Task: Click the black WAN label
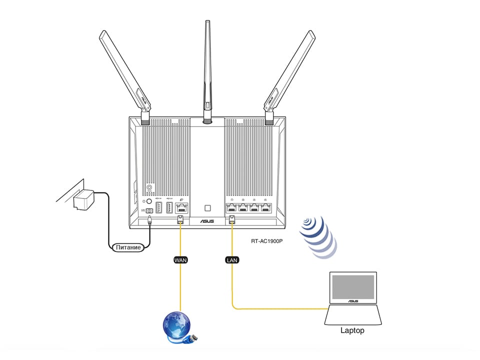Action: coord(179,260)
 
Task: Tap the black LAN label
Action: coord(231,260)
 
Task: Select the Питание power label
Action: coord(129,247)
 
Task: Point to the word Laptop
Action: coord(352,330)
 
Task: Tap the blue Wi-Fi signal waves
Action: coord(317,237)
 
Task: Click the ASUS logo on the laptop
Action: coord(352,301)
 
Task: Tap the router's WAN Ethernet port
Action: coord(180,208)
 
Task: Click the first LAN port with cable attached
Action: coord(231,208)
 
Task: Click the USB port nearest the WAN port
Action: coord(169,208)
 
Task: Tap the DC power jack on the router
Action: coord(149,211)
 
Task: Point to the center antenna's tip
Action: coord(207,22)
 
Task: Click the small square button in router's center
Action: coord(207,207)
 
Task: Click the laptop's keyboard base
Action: coord(352,315)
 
